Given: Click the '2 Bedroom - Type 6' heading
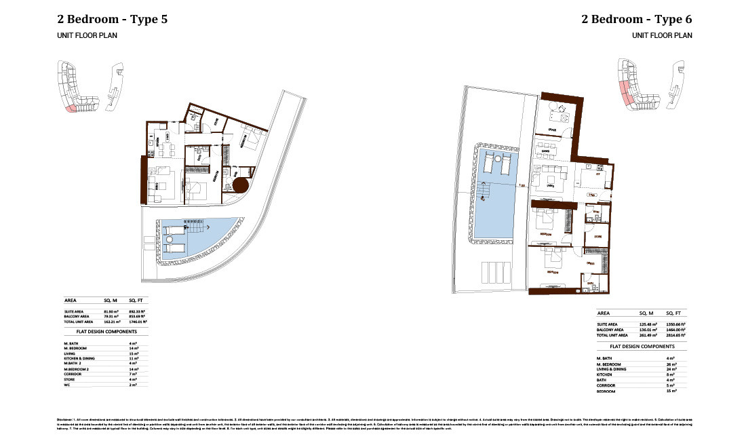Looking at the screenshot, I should coord(637,20).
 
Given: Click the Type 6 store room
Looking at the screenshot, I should coord(597,235).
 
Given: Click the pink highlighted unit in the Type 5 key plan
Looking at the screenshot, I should coord(70,107).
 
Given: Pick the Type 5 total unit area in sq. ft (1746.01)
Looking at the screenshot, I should coord(138,322).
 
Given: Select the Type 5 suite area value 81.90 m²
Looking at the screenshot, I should coord(111,311).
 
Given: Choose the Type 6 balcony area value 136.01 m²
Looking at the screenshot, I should coord(648,330).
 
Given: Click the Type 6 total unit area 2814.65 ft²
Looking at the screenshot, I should coord(675,336).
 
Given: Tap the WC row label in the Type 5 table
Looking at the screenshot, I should coord(68,385).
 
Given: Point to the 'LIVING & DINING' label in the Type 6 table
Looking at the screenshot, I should coord(610,369).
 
